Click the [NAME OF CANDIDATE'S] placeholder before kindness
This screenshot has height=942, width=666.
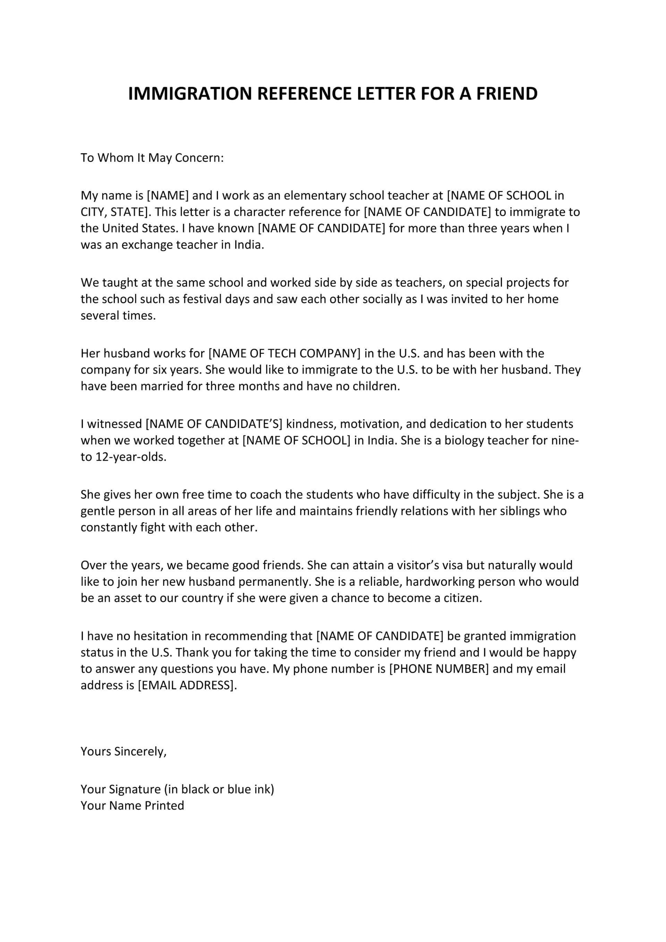214,424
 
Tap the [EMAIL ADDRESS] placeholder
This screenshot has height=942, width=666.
187,685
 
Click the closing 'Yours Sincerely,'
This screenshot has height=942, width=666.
123,751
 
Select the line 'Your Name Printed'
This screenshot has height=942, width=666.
132,805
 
